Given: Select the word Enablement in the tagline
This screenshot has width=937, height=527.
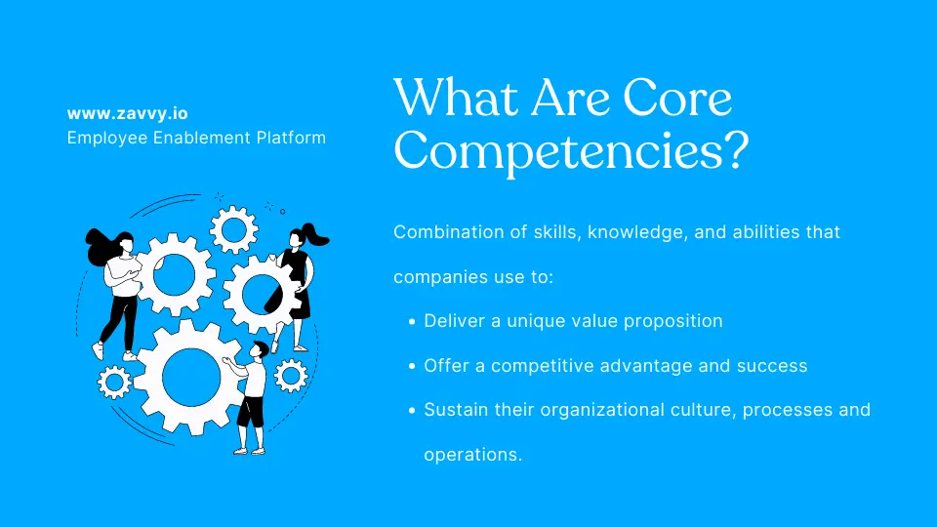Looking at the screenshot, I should tap(192, 138).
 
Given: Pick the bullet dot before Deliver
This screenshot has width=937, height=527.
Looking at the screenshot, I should tap(413, 321).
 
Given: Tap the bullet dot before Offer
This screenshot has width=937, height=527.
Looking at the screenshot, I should tap(413, 366).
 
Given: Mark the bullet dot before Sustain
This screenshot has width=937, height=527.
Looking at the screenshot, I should tap(413, 411).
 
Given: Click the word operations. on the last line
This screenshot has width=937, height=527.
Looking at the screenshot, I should tap(473, 454).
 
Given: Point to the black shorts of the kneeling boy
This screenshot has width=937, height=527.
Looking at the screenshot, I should tap(251, 411).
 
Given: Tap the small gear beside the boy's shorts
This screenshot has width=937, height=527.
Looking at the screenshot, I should tap(290, 375).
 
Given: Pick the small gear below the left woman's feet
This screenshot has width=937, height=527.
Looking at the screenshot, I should tap(115, 381).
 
